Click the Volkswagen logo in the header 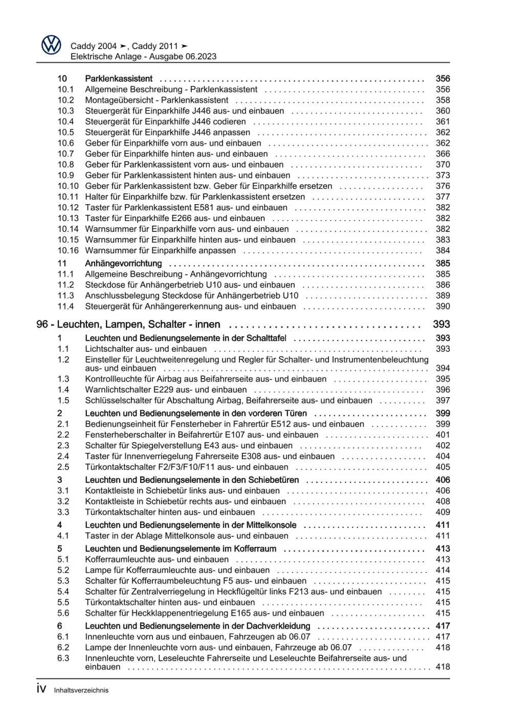tap(51, 45)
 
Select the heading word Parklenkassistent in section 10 tap(119, 79)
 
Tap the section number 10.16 tap(68, 251)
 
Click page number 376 tap(442, 186)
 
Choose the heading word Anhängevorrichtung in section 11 tap(123, 264)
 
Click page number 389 tap(442, 296)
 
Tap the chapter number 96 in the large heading tap(42, 324)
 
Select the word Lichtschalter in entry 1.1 tap(109, 349)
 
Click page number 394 tap(442, 368)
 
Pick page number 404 tap(442, 456)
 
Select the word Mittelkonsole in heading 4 tap(270, 525)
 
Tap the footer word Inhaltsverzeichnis tap(81, 690)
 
